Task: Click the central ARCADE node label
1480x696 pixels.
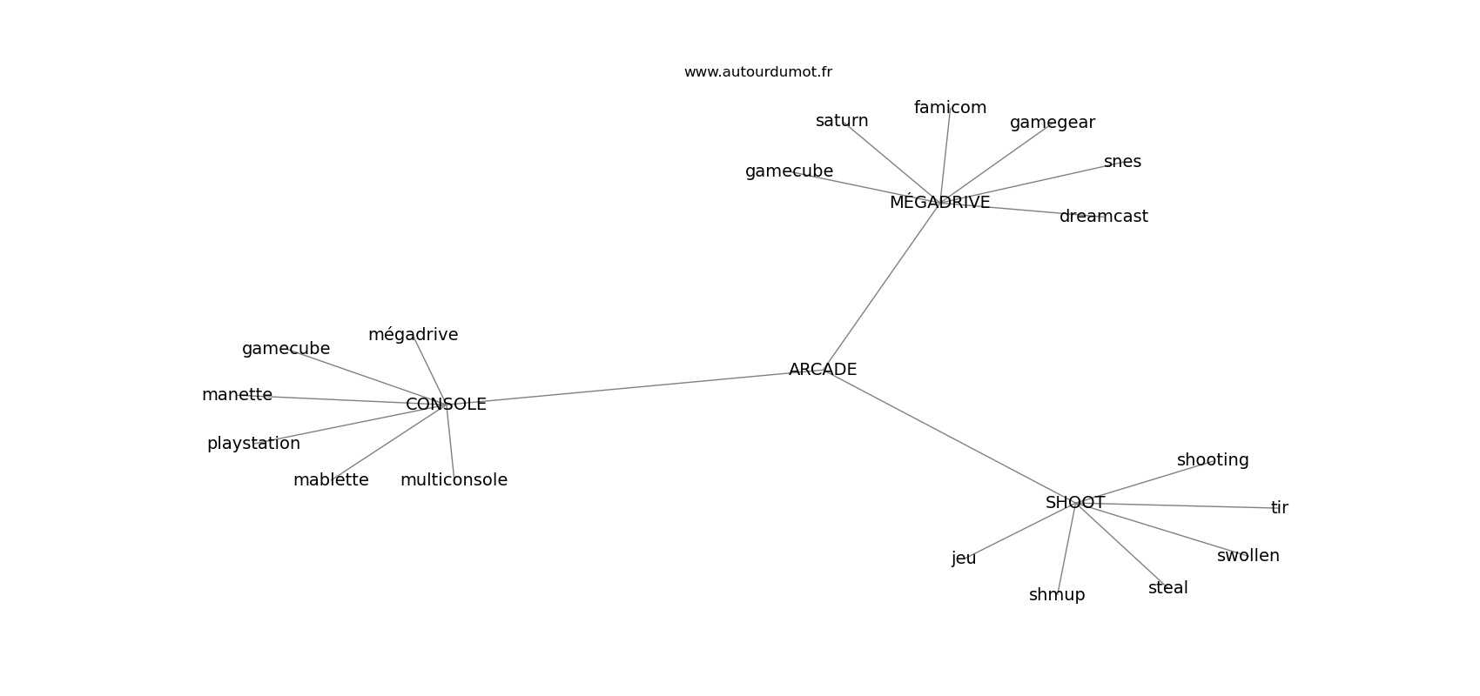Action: [x=823, y=370]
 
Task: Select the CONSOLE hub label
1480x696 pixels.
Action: [x=446, y=405]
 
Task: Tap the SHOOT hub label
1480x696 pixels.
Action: [x=1075, y=503]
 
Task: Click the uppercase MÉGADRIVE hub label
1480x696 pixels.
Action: [x=939, y=203]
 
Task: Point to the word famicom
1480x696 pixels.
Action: [x=950, y=108]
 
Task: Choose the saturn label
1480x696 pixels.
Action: [x=842, y=121]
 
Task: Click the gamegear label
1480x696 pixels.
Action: [x=1052, y=123]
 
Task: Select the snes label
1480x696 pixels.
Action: [x=1122, y=162]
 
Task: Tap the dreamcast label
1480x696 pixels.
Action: [x=1103, y=217]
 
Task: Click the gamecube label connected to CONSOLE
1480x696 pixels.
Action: [x=286, y=349]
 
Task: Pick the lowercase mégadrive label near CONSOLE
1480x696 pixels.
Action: [x=413, y=335]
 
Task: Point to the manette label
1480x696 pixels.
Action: [x=237, y=395]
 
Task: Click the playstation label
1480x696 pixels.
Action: [x=253, y=444]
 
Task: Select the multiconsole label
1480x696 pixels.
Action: [x=454, y=480]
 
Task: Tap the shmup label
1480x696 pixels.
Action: [x=1057, y=595]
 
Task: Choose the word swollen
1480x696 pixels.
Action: [x=1248, y=556]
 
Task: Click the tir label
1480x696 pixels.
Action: [x=1279, y=508]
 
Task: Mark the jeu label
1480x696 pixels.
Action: [x=964, y=559]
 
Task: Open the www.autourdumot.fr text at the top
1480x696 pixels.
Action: [x=757, y=72]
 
